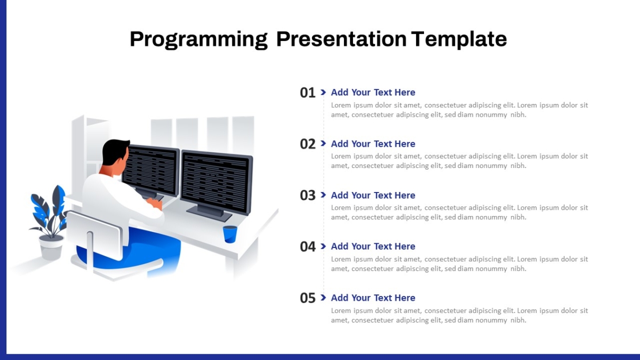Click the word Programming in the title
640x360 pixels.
pyautogui.click(x=199, y=39)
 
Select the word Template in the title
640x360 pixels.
pyautogui.click(x=459, y=39)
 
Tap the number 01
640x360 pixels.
pyautogui.click(x=307, y=93)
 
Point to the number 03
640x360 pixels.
pyautogui.click(x=307, y=195)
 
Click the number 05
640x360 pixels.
pyautogui.click(x=307, y=298)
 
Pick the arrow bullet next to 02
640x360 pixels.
pyautogui.click(x=323, y=143)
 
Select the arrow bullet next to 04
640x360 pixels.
pyautogui.click(x=323, y=246)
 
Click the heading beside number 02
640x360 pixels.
pyautogui.click(x=373, y=143)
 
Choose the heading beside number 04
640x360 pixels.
pyautogui.click(x=373, y=246)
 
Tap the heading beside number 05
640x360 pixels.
pyautogui.click(x=373, y=298)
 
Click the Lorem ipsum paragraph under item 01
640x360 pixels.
pyautogui.click(x=459, y=110)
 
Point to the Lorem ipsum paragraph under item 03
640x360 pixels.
pyautogui.click(x=459, y=212)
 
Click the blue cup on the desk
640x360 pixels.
pyautogui.click(x=230, y=234)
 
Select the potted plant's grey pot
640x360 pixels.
pyautogui.click(x=51, y=248)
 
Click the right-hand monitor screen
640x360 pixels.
pyautogui.click(x=215, y=183)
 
